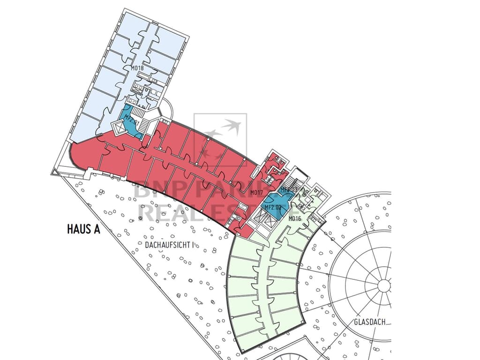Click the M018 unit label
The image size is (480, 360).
pyautogui.click(x=137, y=68)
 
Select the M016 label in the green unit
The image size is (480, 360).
pyautogui.click(x=294, y=218)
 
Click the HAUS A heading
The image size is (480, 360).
pyautogui.click(x=84, y=230)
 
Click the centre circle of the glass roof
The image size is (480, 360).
pyautogui.click(x=384, y=285)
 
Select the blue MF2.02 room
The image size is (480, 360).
pyautogui.click(x=275, y=206)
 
